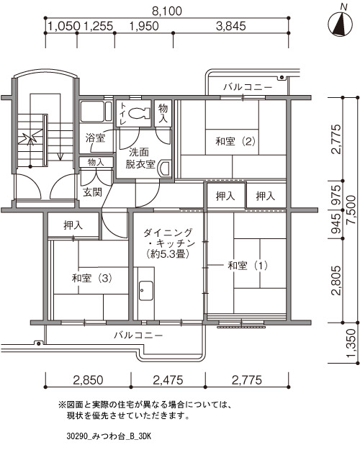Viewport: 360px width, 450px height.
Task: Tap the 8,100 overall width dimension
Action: click(167, 12)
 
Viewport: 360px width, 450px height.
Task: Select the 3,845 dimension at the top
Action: click(231, 27)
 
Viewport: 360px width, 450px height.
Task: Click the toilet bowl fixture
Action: click(139, 113)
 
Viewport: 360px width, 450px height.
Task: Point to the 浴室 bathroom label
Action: click(95, 138)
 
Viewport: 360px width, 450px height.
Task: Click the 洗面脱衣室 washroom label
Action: click(140, 158)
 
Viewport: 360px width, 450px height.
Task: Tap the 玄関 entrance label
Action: click(92, 192)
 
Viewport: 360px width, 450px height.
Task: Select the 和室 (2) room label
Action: click(235, 141)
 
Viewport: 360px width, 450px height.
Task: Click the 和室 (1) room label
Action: click(248, 265)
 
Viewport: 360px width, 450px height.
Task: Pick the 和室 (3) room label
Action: click(92, 278)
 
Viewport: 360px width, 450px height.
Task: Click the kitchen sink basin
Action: click(146, 290)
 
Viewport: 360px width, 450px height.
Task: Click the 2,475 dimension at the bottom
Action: click(168, 380)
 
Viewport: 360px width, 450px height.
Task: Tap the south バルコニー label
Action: click(139, 335)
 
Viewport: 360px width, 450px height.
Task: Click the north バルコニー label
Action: click(248, 86)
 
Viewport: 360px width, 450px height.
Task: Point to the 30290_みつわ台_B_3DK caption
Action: click(109, 436)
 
